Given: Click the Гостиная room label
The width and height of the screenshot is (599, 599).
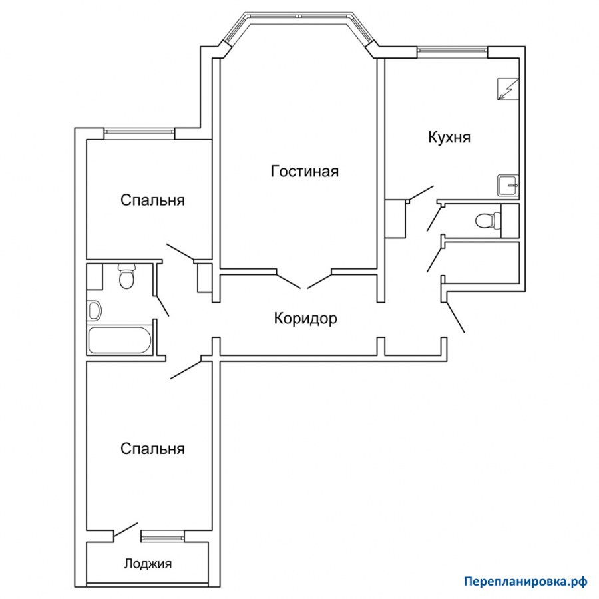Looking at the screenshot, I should click(304, 172).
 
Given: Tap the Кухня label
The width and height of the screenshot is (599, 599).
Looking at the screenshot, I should click(449, 138).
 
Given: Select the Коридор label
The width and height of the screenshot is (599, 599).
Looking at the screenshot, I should click(305, 319).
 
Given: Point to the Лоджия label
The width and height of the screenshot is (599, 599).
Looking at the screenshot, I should click(148, 564).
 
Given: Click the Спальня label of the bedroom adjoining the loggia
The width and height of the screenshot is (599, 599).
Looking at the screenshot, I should click(152, 449).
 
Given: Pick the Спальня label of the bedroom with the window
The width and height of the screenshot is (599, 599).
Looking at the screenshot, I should click(152, 200).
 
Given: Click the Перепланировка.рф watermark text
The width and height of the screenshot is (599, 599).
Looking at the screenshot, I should click(526, 581).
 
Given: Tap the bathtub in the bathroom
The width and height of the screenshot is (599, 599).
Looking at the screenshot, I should click(120, 340).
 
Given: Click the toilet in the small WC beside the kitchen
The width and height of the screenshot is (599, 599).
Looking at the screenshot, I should click(485, 220).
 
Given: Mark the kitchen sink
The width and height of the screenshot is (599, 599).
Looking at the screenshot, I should click(509, 185).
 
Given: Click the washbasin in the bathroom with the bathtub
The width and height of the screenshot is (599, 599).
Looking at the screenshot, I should click(94, 310).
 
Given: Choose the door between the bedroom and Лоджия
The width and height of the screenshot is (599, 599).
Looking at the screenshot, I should click(125, 530).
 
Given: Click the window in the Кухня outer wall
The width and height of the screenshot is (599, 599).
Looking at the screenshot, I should click(453, 49).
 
